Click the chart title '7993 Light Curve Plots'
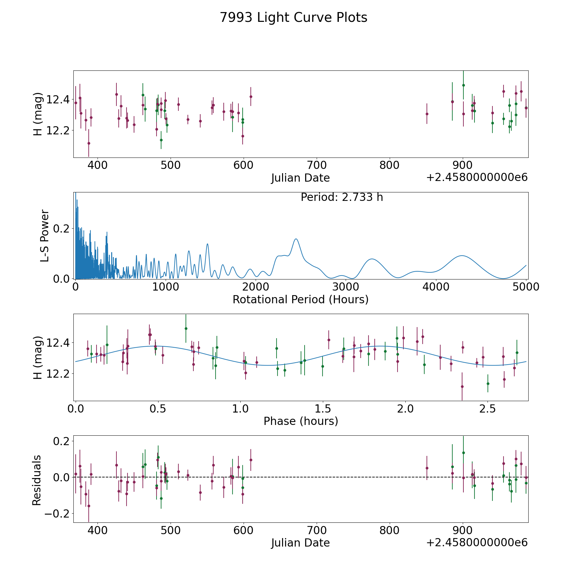pyautogui.click(x=293, y=18)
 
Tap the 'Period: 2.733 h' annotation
pyautogui.click(x=342, y=197)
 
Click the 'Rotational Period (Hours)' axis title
pyautogui.click(x=300, y=299)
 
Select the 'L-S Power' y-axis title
pyautogui.click(x=45, y=236)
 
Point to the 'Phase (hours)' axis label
pyautogui.click(x=301, y=421)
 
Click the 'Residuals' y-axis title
pyautogui.click(x=37, y=480)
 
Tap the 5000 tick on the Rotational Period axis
pyautogui.click(x=526, y=287)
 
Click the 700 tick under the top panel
pyautogui.click(x=317, y=165)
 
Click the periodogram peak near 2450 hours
pyautogui.click(x=296, y=239)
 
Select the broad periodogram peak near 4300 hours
pyautogui.click(x=462, y=256)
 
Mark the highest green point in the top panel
pyautogui.click(x=463, y=85)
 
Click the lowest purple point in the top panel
pyautogui.click(x=89, y=143)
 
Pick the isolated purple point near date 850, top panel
pyautogui.click(x=427, y=114)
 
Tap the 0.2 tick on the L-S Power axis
pyautogui.click(x=61, y=229)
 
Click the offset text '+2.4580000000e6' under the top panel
pyautogui.click(x=477, y=177)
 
